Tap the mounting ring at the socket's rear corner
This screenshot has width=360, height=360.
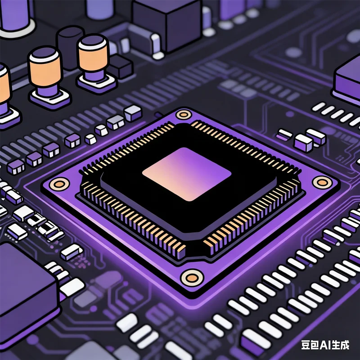(184, 114)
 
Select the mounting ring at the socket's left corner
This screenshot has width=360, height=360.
(59, 183)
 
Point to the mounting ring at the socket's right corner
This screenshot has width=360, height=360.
(322, 182)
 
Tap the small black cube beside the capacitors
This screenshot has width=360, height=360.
(120, 66)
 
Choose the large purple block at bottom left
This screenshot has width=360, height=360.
(25, 288)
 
